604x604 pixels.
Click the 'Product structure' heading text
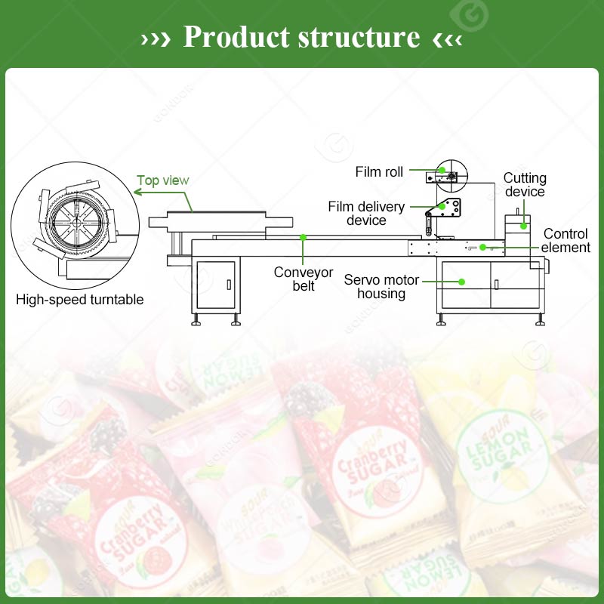301,36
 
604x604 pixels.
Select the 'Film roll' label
379,172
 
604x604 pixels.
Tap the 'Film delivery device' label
366,214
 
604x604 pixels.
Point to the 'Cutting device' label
525,185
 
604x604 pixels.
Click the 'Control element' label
565,241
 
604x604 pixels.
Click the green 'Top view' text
163,180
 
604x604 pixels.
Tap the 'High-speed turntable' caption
80,300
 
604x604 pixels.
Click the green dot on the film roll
442,171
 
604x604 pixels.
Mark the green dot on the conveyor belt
303,237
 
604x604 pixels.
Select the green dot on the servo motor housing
461,282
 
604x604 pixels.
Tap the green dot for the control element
482,247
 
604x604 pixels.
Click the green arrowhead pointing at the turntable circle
137,193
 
